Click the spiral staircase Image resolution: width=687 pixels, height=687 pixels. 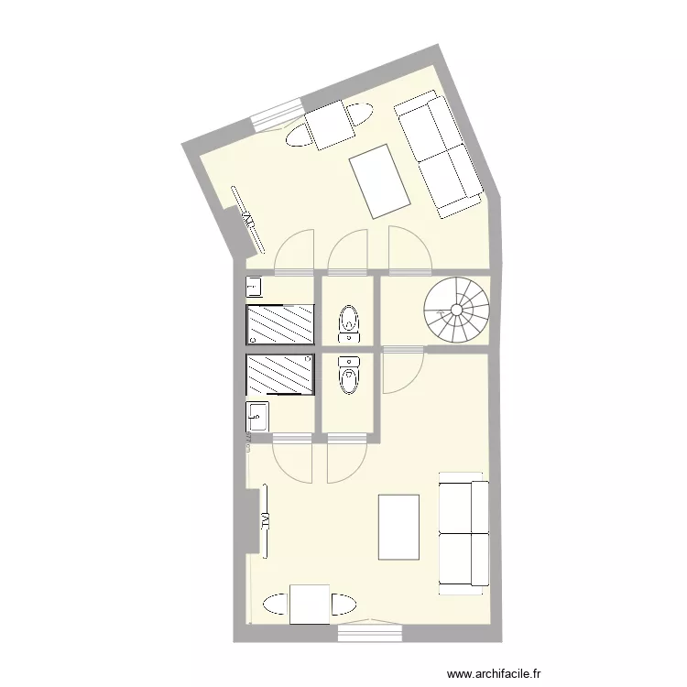(x=457, y=311)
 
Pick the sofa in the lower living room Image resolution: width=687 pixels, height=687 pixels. (x=463, y=531)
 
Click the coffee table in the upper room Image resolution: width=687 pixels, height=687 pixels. (x=378, y=182)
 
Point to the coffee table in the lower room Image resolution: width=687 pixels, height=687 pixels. (x=398, y=527)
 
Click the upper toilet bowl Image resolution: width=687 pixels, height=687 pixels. (x=349, y=321)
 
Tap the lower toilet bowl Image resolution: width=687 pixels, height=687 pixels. (x=349, y=376)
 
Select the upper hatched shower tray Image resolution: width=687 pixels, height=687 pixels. (x=280, y=324)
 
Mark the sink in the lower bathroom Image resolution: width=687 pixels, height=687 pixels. (x=256, y=418)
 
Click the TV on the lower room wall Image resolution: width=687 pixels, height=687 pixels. (x=265, y=520)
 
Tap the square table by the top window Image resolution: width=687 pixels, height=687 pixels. (x=330, y=125)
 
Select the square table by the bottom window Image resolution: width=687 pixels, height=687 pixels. (x=309, y=605)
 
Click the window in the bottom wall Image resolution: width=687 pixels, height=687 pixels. (x=369, y=631)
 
